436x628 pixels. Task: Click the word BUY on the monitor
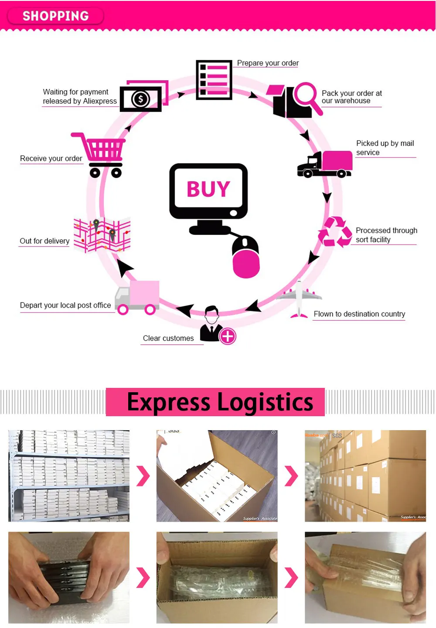(208, 189)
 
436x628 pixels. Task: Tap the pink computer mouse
(246, 258)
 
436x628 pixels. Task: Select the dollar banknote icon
(141, 99)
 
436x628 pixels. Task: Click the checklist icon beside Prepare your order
(214, 80)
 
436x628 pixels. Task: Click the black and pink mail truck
(325, 164)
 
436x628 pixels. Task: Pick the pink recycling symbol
(335, 232)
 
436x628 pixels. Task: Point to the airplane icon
(299, 299)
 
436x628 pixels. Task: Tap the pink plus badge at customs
(228, 336)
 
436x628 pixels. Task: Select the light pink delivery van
(137, 297)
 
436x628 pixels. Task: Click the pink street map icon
(102, 235)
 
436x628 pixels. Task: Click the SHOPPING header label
(56, 16)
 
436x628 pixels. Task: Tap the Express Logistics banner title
(220, 402)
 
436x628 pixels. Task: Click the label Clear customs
(168, 338)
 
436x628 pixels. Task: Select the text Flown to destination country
(359, 314)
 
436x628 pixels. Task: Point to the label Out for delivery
(44, 241)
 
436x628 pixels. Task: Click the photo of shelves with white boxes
(69, 476)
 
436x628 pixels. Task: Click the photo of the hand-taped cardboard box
(365, 577)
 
